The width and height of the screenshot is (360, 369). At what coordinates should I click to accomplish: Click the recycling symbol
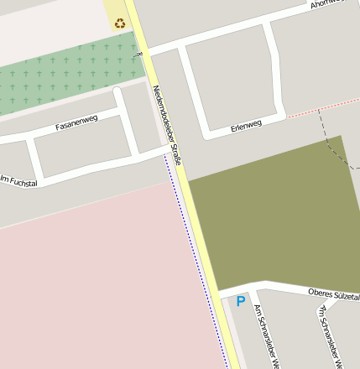click(x=121, y=23)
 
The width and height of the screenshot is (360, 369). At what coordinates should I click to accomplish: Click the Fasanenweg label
click(x=76, y=122)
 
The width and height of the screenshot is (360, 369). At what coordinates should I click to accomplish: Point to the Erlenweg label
click(x=246, y=127)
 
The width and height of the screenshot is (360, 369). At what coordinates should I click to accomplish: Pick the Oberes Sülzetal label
click(x=333, y=294)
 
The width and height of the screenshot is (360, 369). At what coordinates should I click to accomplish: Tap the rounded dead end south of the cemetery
click(x=117, y=91)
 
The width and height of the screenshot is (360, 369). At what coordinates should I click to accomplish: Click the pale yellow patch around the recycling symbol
click(x=115, y=13)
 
